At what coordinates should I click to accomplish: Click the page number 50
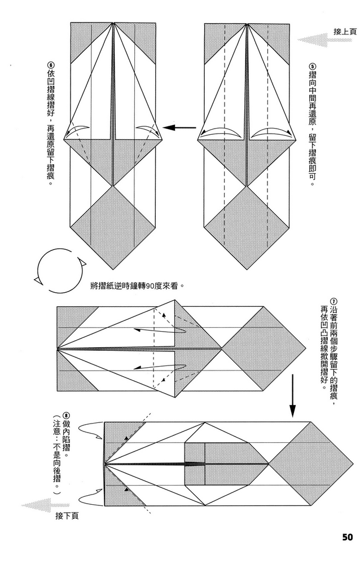point(347,536)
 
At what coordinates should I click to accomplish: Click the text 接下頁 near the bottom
point(67,515)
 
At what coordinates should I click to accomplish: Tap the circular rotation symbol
point(58,271)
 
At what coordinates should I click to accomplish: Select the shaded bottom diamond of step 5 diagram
point(247,227)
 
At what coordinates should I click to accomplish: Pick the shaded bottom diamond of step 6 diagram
point(113,227)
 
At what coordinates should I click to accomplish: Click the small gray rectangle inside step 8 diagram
point(195,464)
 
